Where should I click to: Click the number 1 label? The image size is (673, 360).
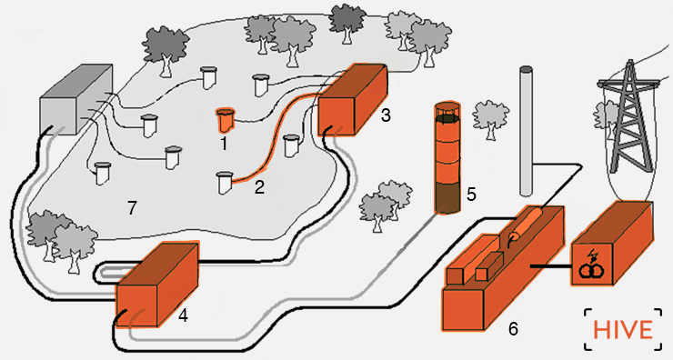[x=224, y=144]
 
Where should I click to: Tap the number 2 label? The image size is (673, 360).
[x=259, y=187]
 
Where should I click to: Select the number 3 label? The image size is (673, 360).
[x=386, y=115]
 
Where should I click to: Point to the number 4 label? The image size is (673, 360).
[x=183, y=315]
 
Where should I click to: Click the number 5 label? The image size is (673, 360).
[x=471, y=195]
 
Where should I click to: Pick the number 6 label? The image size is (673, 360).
[x=513, y=329]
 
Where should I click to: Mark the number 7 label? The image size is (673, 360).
[x=132, y=208]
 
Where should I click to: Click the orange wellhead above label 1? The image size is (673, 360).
[x=226, y=120]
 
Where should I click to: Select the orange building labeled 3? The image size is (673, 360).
[x=353, y=100]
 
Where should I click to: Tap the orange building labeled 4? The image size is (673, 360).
[x=157, y=285]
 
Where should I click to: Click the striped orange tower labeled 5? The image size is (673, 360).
[x=447, y=158]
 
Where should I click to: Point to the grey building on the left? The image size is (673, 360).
[x=76, y=99]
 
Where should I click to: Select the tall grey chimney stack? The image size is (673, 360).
[x=527, y=131]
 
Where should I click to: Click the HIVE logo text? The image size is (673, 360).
[x=623, y=330]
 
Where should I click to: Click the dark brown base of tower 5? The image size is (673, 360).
[x=447, y=198]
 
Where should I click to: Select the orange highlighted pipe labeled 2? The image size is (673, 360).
[x=273, y=138]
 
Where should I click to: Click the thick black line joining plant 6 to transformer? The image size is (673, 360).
[x=550, y=266]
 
